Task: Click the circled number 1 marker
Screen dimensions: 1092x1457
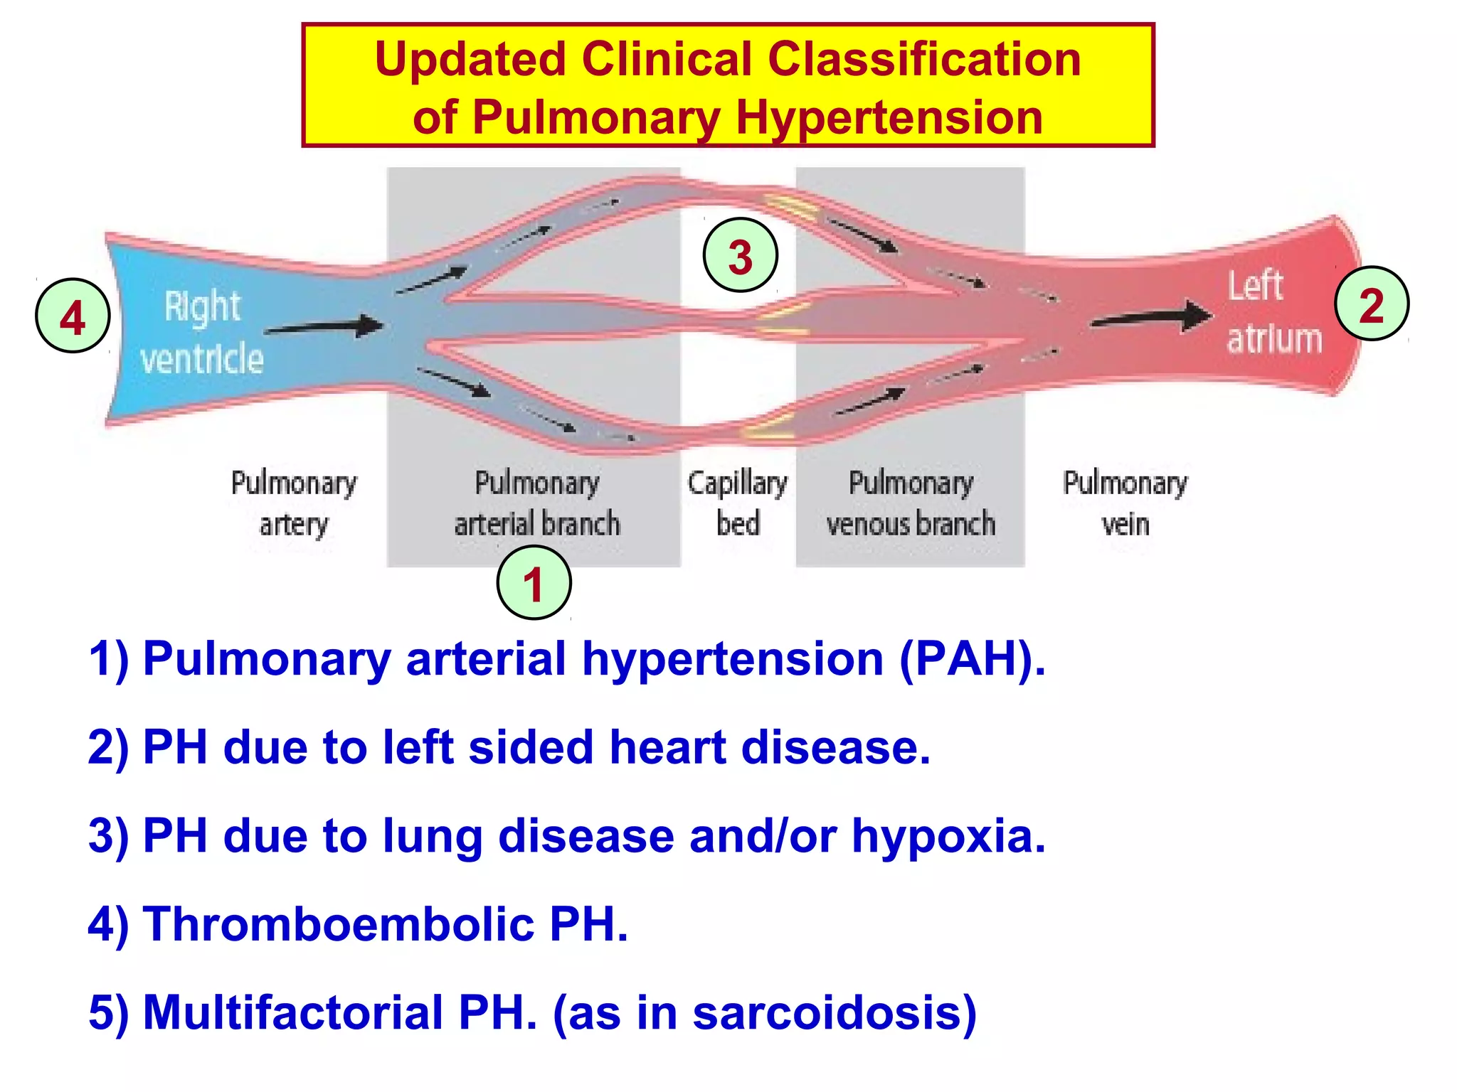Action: pyautogui.click(x=534, y=583)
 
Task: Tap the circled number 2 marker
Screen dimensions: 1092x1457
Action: pyautogui.click(x=1372, y=304)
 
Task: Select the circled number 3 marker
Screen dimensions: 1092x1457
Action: pyautogui.click(x=740, y=255)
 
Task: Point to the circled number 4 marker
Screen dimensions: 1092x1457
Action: pyautogui.click(x=73, y=316)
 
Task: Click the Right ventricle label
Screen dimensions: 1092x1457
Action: pyautogui.click(x=202, y=332)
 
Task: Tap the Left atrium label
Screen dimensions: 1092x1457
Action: pyautogui.click(x=1273, y=312)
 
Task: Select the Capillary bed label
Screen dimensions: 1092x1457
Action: pyautogui.click(x=738, y=503)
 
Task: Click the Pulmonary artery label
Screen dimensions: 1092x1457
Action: pyautogui.click(x=294, y=503)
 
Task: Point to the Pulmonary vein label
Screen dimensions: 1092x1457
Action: pyautogui.click(x=1125, y=503)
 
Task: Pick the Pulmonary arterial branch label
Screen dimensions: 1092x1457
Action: pyautogui.click(x=537, y=503)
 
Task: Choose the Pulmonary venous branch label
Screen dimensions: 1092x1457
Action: pyautogui.click(x=911, y=503)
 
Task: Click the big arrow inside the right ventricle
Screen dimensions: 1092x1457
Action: pyautogui.click(x=324, y=327)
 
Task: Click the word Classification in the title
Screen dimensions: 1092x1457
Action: pyautogui.click(x=924, y=59)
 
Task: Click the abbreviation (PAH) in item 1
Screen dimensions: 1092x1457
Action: pyautogui.click(x=971, y=659)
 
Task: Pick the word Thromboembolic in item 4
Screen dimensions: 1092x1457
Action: pyautogui.click(x=338, y=924)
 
